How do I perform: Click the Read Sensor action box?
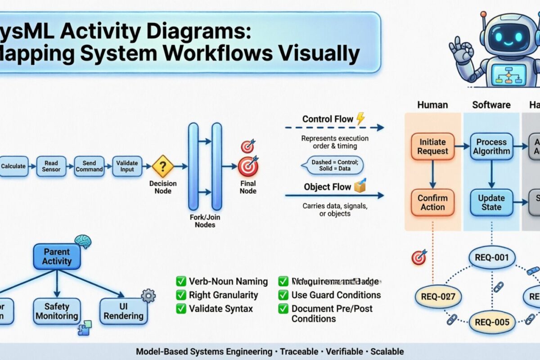(51, 166)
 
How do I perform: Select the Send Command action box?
(89, 166)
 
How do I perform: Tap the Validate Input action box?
(127, 166)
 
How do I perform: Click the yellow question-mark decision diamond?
(162, 166)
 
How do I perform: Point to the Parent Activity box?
(57, 256)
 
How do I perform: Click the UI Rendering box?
(123, 311)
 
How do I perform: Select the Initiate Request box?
(432, 146)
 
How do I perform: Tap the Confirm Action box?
(432, 202)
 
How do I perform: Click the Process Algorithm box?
(491, 146)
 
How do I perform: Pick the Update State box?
(491, 202)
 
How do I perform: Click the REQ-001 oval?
(492, 258)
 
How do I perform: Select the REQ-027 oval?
(438, 297)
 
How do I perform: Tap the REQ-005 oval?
(492, 322)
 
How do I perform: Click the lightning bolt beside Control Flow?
(360, 119)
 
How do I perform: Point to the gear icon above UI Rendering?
(148, 296)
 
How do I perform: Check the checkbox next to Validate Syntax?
(181, 309)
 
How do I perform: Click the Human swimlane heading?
(432, 105)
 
